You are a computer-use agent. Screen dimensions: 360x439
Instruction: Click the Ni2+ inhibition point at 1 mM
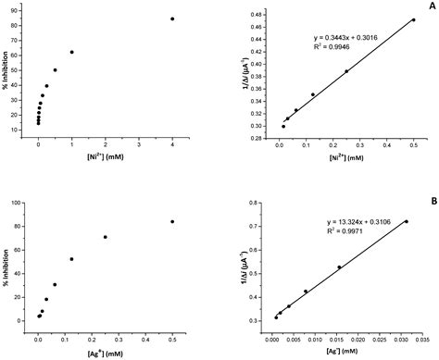click(x=71, y=52)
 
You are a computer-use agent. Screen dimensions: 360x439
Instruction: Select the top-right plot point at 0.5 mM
click(x=413, y=19)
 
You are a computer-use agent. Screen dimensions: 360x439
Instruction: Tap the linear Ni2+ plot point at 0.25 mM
click(x=346, y=71)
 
